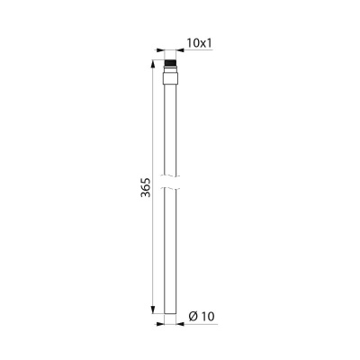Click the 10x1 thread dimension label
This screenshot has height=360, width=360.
pyautogui.click(x=200, y=43)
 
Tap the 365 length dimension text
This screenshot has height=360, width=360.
pyautogui.click(x=146, y=187)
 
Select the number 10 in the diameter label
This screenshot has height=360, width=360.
pyautogui.click(x=208, y=316)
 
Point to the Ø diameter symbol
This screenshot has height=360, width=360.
pyautogui.click(x=193, y=316)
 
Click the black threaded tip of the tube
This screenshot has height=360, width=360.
pyautogui.click(x=170, y=64)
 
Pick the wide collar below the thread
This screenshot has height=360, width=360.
pyautogui.click(x=170, y=78)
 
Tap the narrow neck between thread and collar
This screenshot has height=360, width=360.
pyautogui.click(x=170, y=69)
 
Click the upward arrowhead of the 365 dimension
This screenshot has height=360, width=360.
pyautogui.click(x=153, y=64)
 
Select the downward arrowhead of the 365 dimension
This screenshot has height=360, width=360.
pyautogui.click(x=153, y=310)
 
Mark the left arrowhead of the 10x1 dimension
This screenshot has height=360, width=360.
pyautogui.click(x=161, y=50)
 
